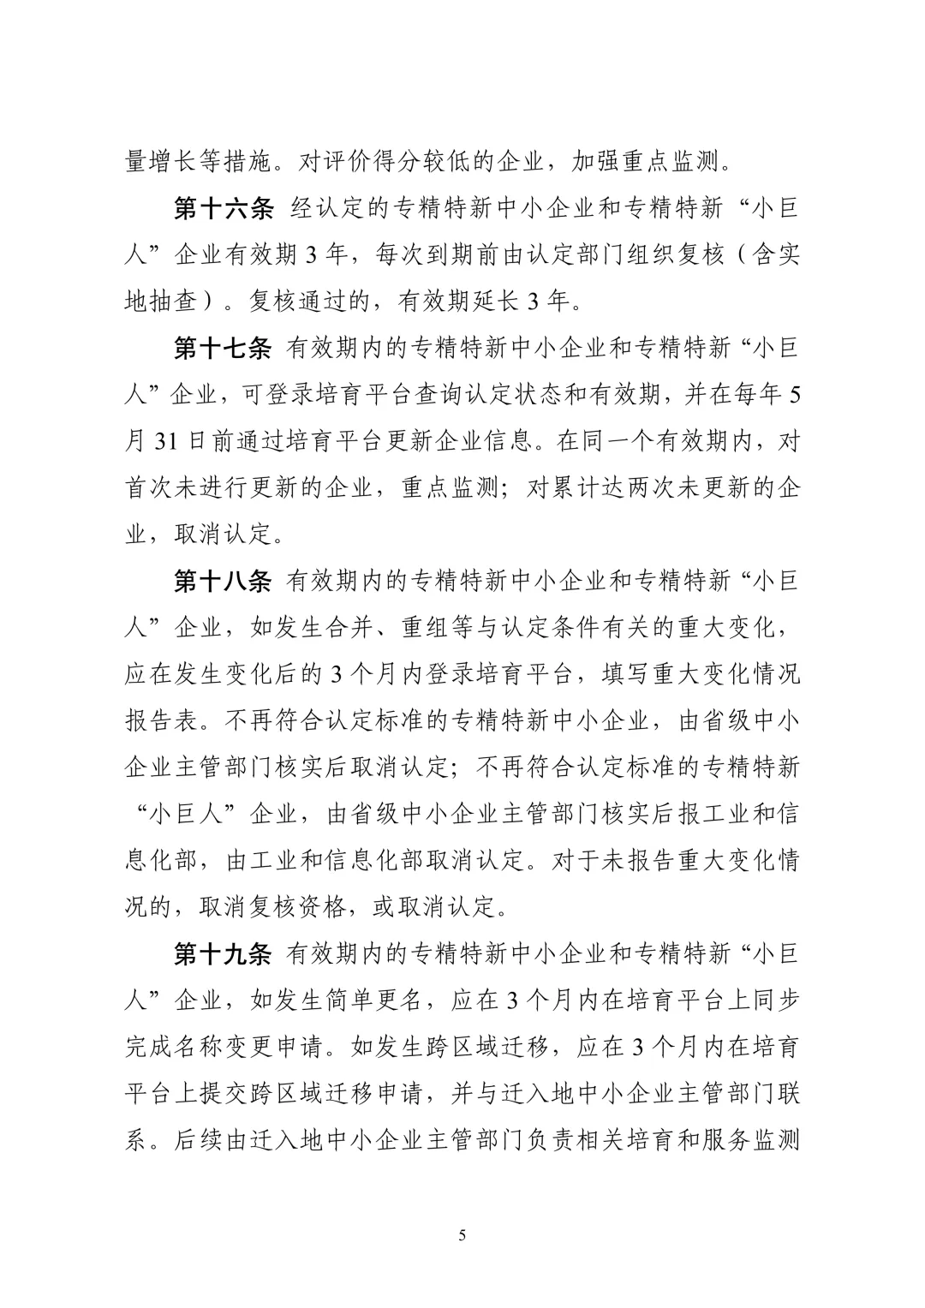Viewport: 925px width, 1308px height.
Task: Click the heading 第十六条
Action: click(x=223, y=209)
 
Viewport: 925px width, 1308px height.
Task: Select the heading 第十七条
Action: click(x=223, y=349)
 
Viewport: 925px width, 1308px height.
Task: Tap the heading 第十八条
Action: click(x=223, y=582)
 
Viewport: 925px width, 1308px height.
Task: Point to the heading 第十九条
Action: click(x=223, y=954)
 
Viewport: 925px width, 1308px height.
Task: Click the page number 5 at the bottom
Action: click(x=462, y=1234)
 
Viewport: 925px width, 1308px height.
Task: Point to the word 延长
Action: click(x=498, y=302)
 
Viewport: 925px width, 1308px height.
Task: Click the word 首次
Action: click(x=149, y=489)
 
